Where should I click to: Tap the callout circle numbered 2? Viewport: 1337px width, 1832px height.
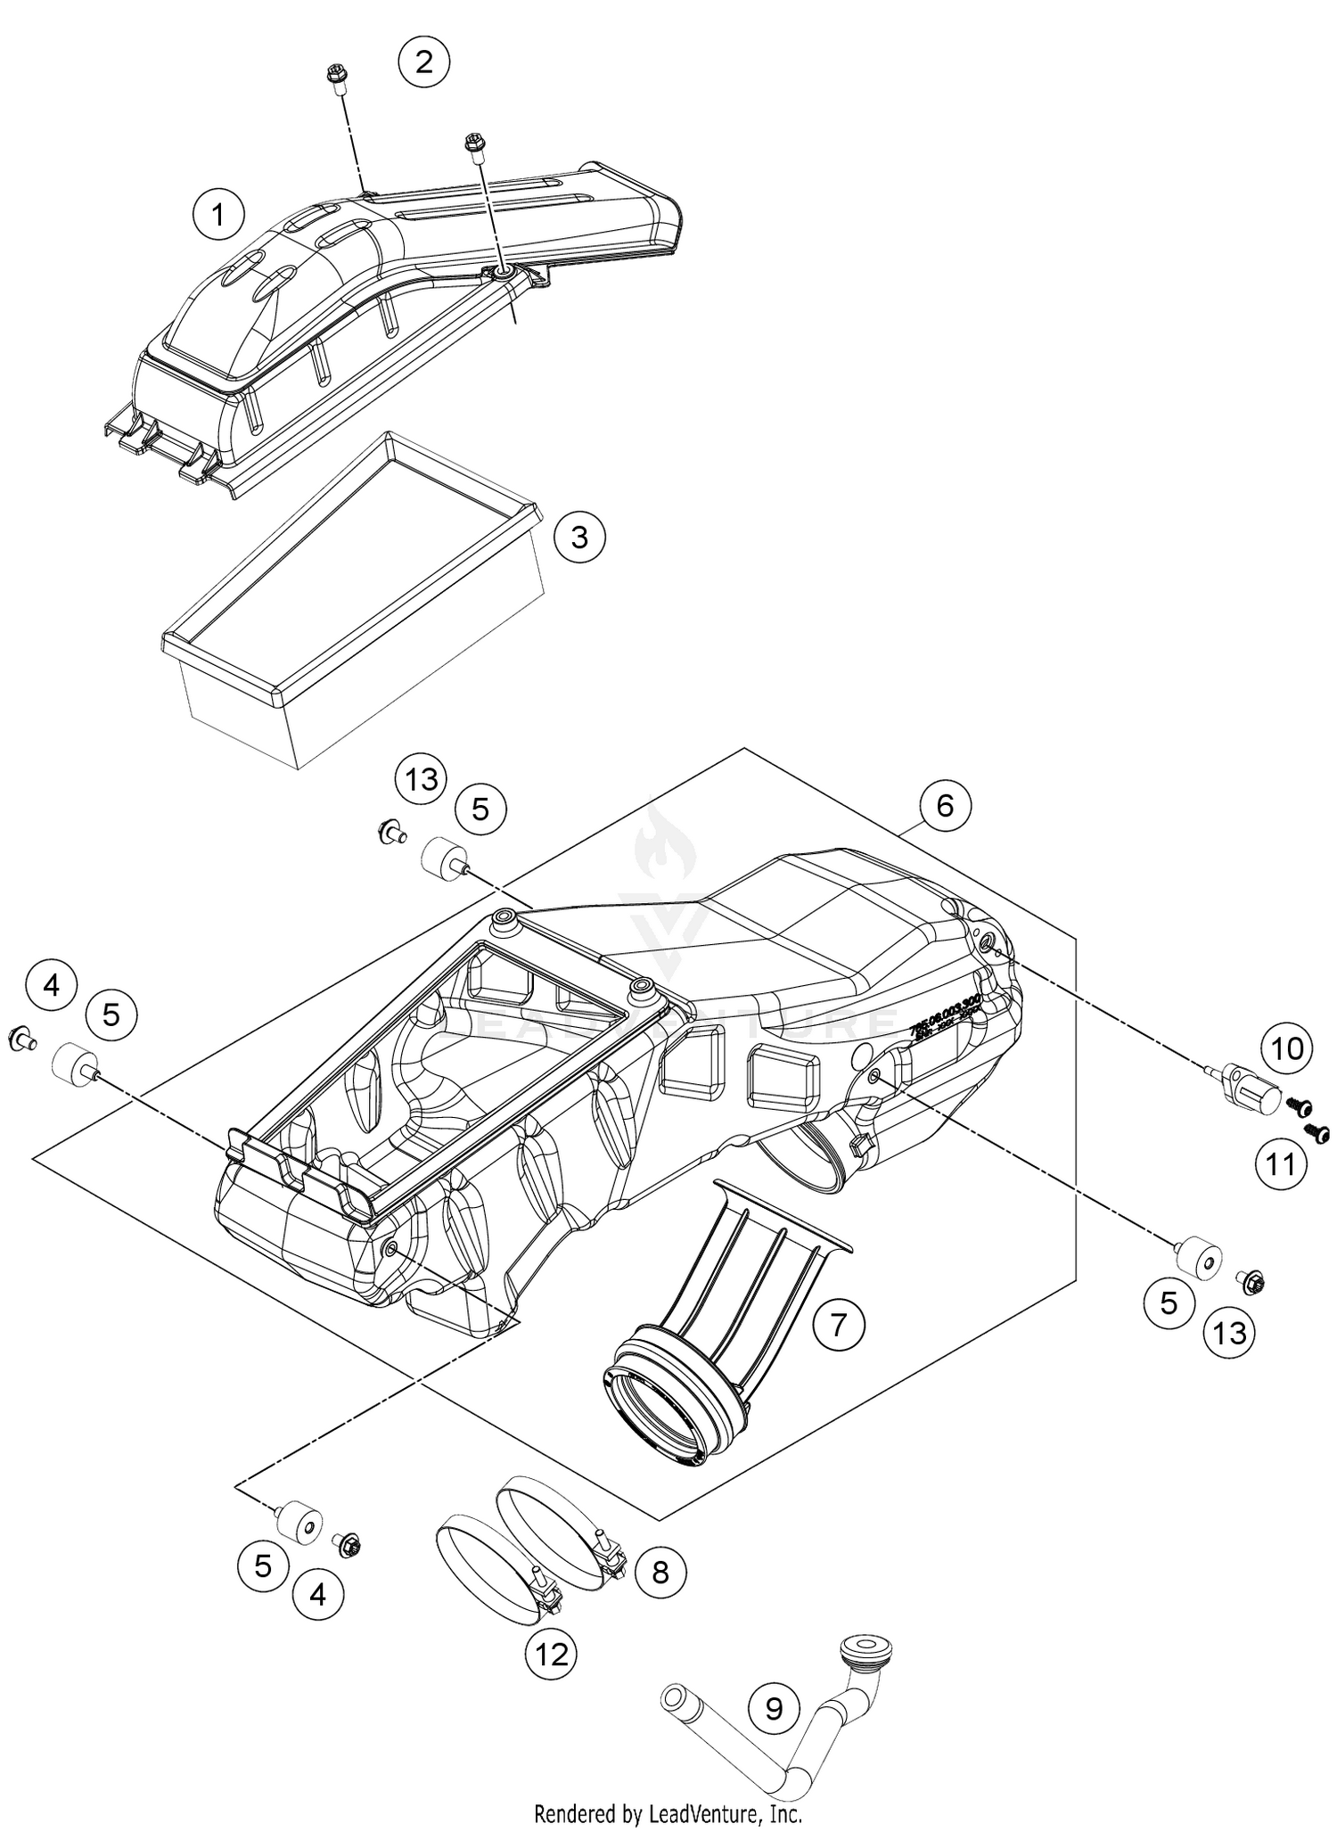(x=423, y=62)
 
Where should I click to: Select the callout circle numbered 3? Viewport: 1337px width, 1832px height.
(x=579, y=538)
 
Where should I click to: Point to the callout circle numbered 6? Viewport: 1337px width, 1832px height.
(x=945, y=806)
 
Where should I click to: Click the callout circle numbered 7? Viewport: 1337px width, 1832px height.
(x=839, y=1326)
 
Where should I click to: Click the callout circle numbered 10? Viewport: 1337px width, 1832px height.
(x=1287, y=1049)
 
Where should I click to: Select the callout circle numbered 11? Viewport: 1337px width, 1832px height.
(x=1281, y=1163)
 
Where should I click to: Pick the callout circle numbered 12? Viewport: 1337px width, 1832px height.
(x=551, y=1655)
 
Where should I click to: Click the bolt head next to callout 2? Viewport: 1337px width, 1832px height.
(x=337, y=78)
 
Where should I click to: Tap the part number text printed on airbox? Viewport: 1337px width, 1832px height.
(x=945, y=1016)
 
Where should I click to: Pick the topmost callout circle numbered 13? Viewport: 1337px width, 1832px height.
(x=422, y=779)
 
